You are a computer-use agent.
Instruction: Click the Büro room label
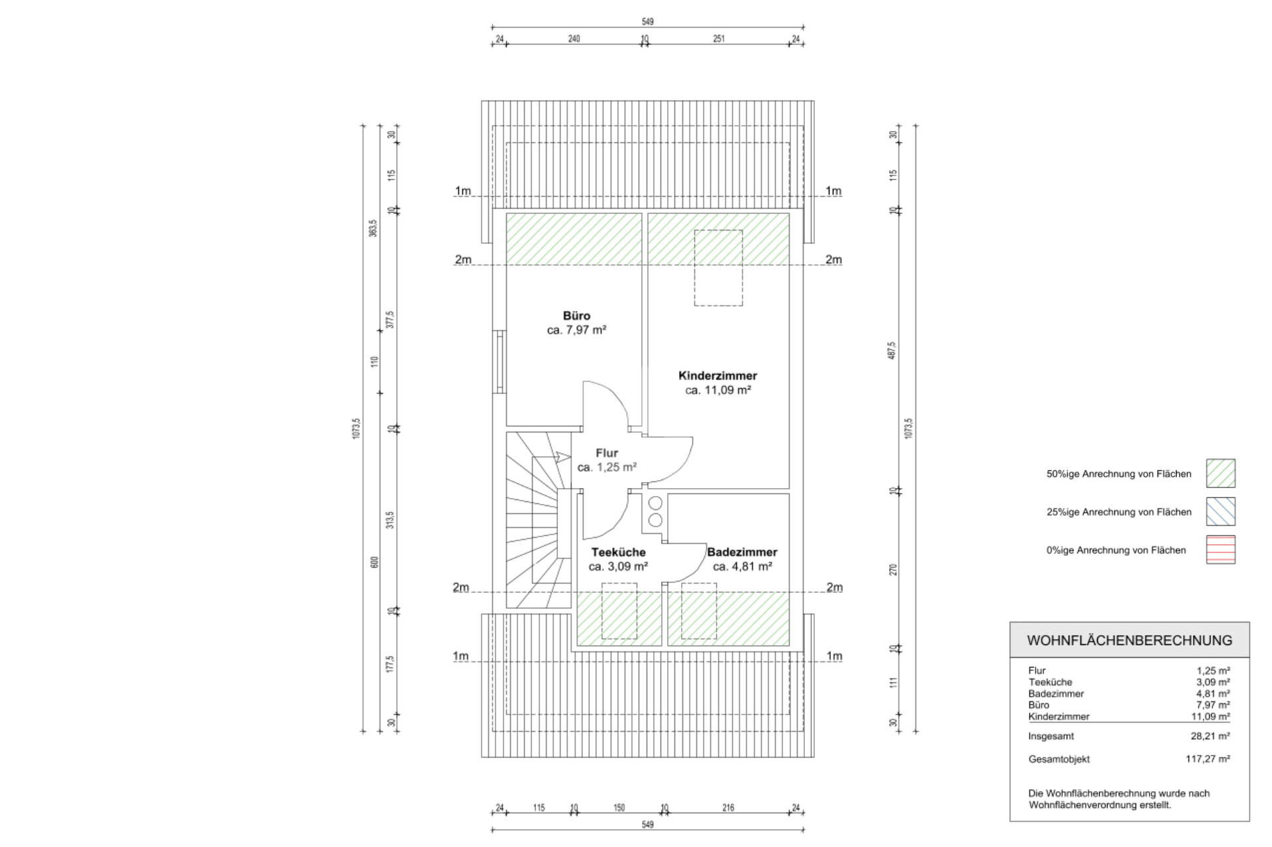[x=576, y=316]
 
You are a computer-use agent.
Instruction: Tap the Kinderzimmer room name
[x=717, y=375]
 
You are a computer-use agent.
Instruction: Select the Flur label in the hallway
[x=607, y=453]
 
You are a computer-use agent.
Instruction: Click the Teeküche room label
[x=618, y=552]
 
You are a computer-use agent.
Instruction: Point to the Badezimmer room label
[x=742, y=552]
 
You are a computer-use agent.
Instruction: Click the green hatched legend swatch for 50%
[x=1220, y=473]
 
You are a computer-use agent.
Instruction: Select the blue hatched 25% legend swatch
[x=1220, y=511]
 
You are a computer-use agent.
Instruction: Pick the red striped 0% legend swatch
[x=1220, y=550]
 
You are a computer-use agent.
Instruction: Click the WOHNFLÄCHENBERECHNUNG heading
[x=1130, y=640]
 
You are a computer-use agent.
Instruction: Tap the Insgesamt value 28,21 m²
[x=1210, y=736]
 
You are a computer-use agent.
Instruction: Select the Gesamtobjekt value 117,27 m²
[x=1208, y=759]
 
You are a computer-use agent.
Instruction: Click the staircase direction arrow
[x=563, y=456]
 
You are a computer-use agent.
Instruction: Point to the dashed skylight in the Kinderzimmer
[x=718, y=268]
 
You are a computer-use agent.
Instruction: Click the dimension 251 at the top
[x=719, y=39]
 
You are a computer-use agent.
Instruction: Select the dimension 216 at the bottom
[x=728, y=808]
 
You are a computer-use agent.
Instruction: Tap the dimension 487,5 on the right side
[x=892, y=350]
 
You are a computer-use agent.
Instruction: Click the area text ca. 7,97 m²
[x=576, y=330]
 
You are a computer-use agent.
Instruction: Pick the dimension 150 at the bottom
[x=619, y=808]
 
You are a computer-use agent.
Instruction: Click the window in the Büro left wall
[x=500, y=362]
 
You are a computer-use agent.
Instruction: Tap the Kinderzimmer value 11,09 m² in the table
[x=1210, y=717]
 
